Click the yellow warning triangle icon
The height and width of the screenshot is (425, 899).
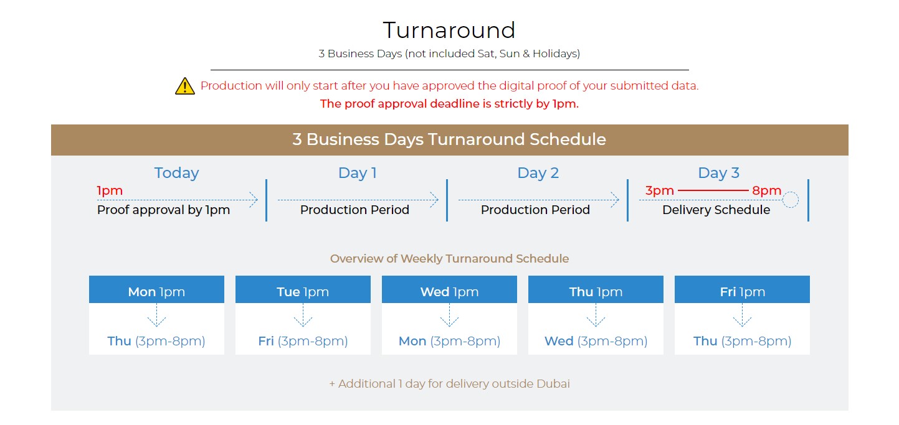(185, 86)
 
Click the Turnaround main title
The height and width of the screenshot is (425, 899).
(449, 30)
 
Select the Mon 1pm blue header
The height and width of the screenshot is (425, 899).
(156, 289)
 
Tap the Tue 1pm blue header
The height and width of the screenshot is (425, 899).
(303, 289)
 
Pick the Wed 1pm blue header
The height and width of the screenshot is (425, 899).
(450, 289)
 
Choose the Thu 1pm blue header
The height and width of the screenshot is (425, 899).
(596, 289)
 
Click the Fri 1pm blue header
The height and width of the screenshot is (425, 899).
(742, 289)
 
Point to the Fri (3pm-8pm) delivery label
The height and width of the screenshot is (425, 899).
(303, 341)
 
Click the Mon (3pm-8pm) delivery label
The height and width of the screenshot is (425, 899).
(450, 341)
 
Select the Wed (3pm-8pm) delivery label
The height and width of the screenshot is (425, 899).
(596, 341)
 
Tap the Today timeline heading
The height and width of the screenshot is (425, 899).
(176, 173)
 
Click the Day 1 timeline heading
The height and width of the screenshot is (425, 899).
(357, 173)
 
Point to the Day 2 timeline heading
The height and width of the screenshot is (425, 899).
(538, 173)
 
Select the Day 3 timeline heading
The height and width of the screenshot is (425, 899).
(718, 173)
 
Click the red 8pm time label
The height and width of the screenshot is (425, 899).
(766, 191)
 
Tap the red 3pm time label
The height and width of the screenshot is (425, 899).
(659, 191)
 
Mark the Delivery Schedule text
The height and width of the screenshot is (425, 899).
(716, 210)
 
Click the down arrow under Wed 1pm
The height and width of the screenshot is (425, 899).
(450, 315)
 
